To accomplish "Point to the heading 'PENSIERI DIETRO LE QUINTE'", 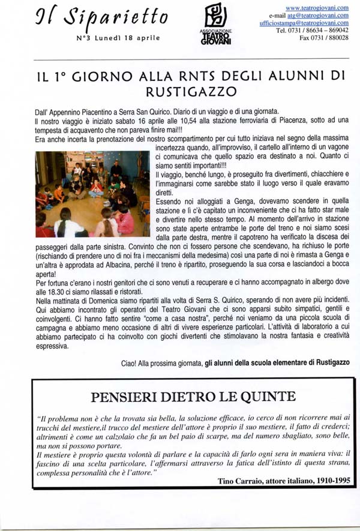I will point(184,397).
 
